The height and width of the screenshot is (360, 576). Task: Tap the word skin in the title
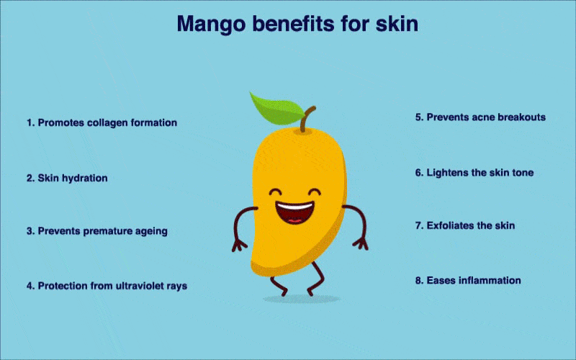tap(397, 24)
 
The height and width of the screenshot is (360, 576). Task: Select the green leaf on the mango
tap(276, 109)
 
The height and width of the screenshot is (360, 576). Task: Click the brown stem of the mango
tap(307, 119)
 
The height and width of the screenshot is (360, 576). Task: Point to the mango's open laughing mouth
tap(294, 213)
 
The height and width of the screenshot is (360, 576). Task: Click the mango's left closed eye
tap(276, 192)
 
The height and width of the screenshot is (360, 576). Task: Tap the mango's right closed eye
tap(315, 192)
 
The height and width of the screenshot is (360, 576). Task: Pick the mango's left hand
tap(239, 245)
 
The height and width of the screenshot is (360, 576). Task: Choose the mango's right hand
tap(361, 243)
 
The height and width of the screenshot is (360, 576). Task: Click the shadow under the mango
tap(301, 300)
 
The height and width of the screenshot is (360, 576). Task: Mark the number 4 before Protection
tap(30, 286)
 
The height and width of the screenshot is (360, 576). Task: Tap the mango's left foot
tap(279, 287)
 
